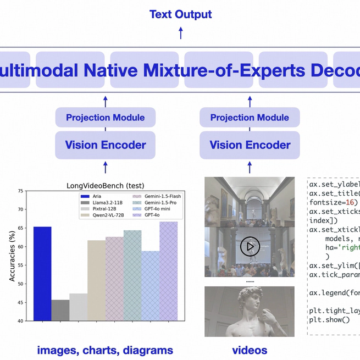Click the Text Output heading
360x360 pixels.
point(180,14)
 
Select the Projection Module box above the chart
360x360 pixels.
point(106,118)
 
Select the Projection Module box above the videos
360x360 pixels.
point(250,118)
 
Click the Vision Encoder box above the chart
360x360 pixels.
point(106,145)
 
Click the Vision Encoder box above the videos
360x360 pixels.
point(250,145)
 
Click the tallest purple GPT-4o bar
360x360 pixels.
point(169,272)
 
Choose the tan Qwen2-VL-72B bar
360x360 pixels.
point(97,280)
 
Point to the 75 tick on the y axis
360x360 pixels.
point(20,191)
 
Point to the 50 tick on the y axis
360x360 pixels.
point(20,284)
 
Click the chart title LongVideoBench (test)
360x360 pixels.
point(105,186)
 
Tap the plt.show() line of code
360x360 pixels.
point(329,319)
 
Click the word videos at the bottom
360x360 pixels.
point(250,350)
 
